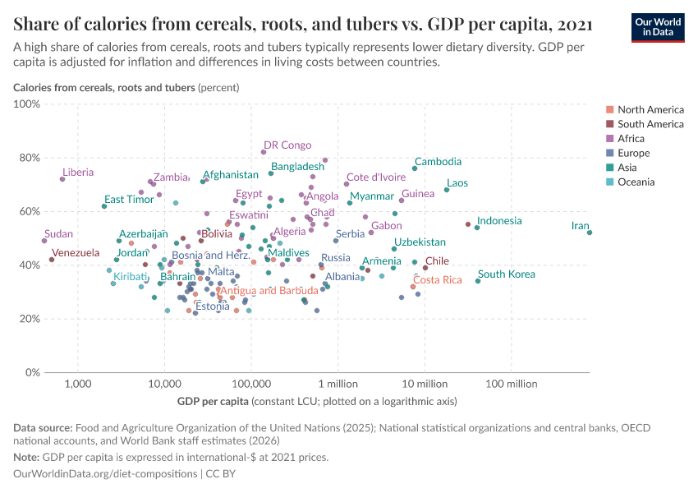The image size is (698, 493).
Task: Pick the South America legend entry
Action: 650,124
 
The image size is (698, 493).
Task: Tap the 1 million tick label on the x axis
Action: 338,385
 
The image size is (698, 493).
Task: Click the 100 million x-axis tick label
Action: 511,385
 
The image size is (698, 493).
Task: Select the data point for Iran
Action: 590,233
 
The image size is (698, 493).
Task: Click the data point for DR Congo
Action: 264,152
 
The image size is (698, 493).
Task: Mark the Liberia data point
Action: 62,179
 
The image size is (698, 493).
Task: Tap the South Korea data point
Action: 478,281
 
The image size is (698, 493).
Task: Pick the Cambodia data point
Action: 415,168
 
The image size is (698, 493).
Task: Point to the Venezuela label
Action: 76,253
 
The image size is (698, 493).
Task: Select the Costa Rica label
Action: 437,279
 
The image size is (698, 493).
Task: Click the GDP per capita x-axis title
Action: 213,402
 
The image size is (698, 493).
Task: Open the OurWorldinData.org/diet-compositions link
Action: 106,474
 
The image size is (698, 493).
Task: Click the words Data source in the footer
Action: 43,427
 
